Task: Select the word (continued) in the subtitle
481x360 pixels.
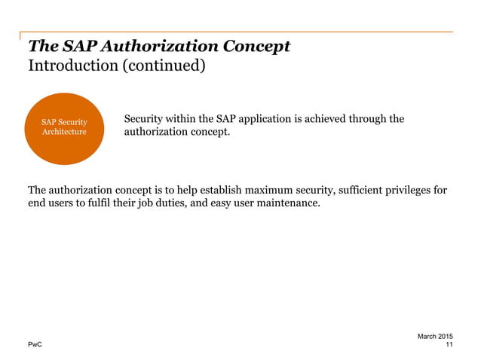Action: tap(161, 66)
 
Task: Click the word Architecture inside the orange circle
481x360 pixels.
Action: tap(64, 133)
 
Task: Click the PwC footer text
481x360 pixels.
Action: tap(35, 345)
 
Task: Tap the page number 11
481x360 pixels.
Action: tap(449, 345)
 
